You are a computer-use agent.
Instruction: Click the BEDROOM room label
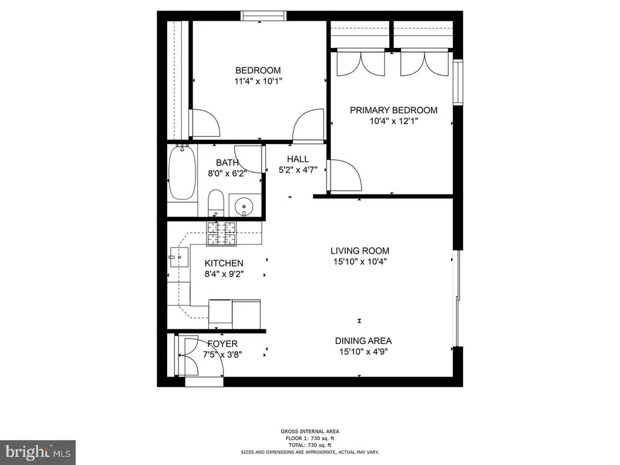[258, 70]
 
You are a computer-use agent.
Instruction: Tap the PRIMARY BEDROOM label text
[394, 110]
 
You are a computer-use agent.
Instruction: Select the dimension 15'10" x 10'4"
[359, 262]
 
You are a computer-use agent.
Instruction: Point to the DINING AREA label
[363, 340]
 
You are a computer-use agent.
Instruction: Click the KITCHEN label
[224, 263]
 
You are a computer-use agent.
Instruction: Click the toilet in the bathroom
[216, 203]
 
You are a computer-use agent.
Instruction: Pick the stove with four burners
[221, 233]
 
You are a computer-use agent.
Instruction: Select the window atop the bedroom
[264, 16]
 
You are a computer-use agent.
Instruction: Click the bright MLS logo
[38, 452]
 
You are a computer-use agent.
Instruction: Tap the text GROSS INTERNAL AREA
[309, 431]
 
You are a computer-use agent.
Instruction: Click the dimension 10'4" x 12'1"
[394, 121]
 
